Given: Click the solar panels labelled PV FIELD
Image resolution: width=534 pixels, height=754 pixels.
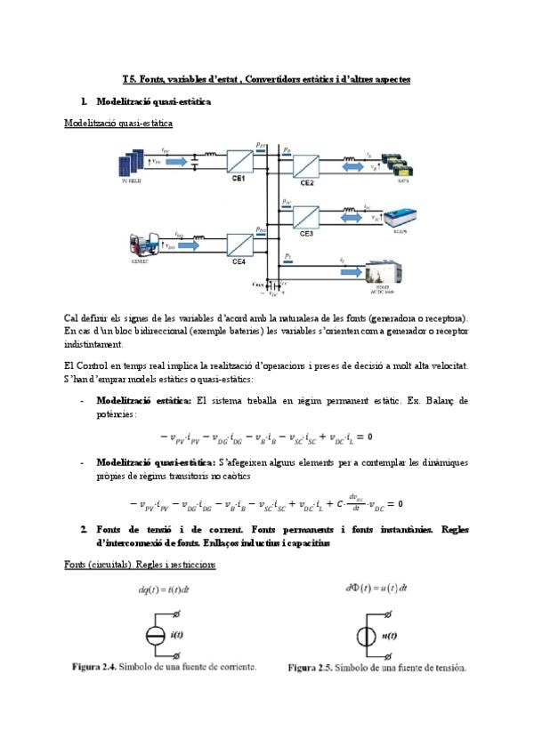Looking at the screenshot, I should (132, 165).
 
